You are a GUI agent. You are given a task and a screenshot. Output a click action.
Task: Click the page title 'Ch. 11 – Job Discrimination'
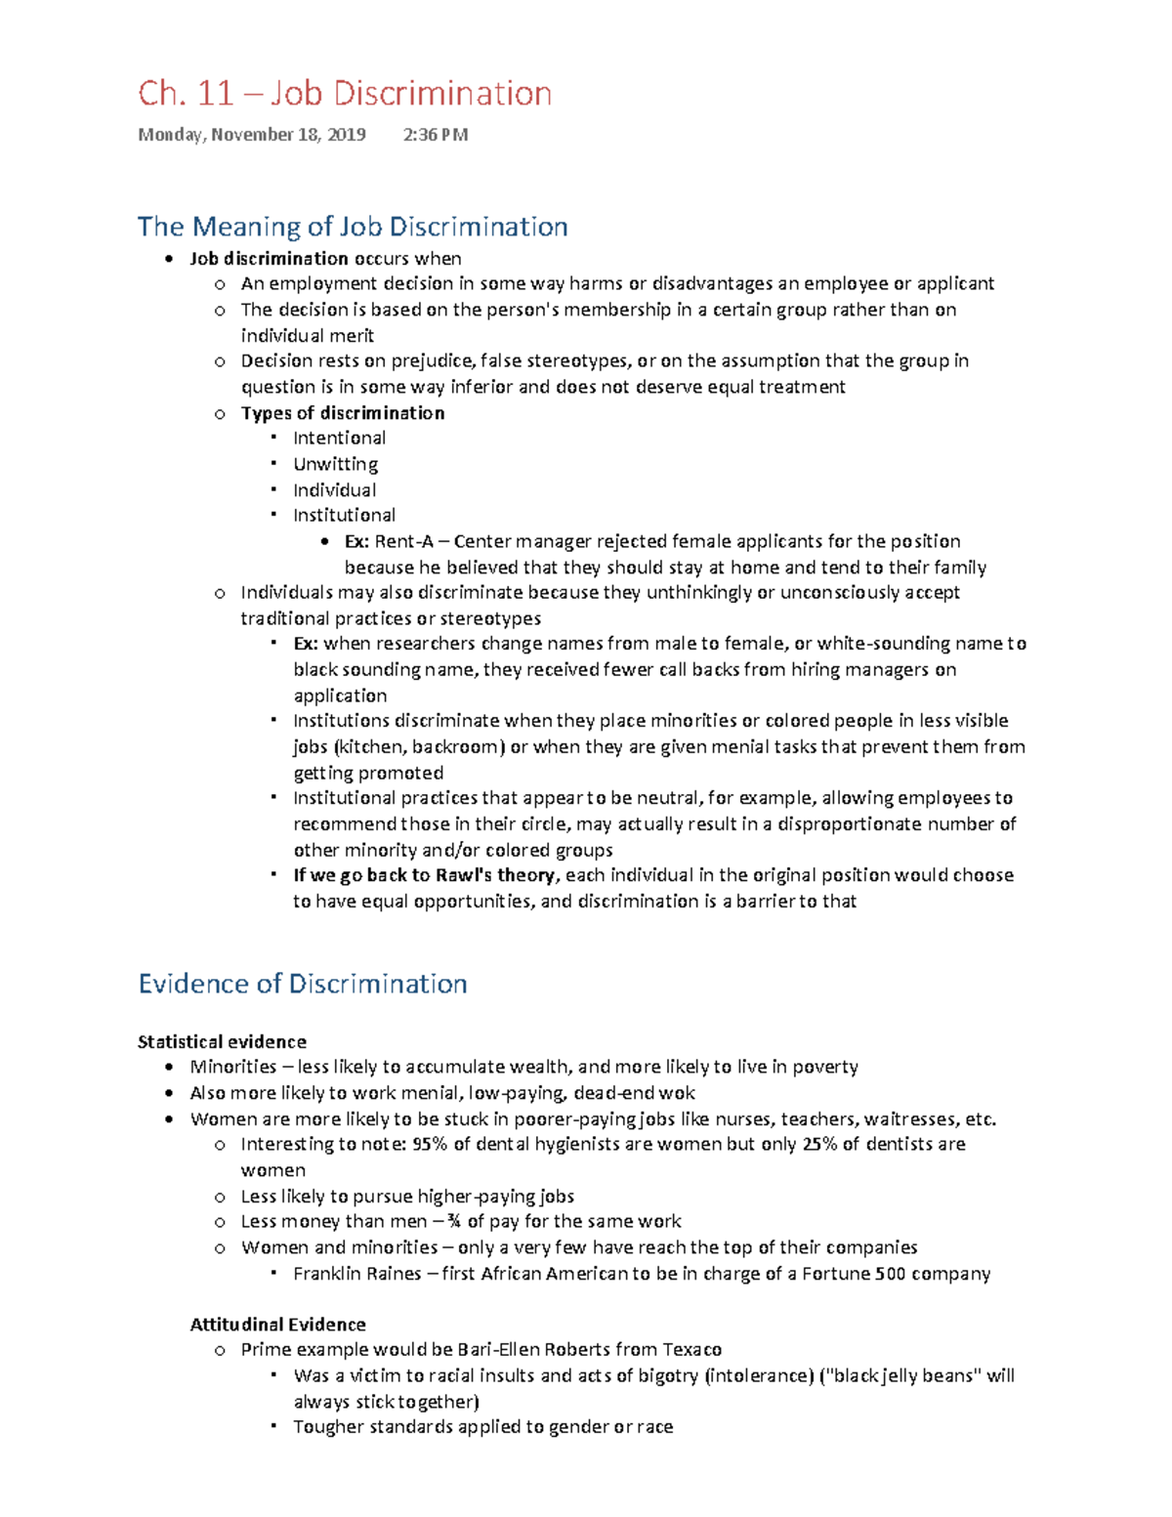(345, 94)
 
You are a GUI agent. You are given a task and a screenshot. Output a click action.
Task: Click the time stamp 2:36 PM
(435, 135)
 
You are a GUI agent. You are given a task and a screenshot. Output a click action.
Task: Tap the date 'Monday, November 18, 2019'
(252, 135)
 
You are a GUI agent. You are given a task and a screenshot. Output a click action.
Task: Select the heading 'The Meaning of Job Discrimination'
(353, 227)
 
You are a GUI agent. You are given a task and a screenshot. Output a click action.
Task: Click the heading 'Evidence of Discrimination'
(303, 984)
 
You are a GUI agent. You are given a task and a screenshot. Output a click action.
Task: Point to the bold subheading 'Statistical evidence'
(222, 1042)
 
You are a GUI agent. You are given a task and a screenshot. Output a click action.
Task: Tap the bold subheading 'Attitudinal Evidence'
(277, 1325)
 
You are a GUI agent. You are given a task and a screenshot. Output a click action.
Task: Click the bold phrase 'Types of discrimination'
(343, 413)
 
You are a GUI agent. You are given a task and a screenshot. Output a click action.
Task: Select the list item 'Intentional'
(339, 439)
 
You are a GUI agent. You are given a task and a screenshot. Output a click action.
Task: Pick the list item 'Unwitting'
(335, 464)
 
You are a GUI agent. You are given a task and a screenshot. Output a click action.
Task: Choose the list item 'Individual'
(334, 490)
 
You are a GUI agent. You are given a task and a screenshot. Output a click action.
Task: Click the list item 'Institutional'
(344, 516)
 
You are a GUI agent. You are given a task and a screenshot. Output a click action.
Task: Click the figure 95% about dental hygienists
(431, 1145)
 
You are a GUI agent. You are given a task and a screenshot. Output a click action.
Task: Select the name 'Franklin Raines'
(357, 1274)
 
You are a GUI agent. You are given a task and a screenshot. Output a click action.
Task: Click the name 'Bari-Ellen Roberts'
(533, 1350)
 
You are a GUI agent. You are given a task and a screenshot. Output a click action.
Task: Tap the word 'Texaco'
(692, 1350)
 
